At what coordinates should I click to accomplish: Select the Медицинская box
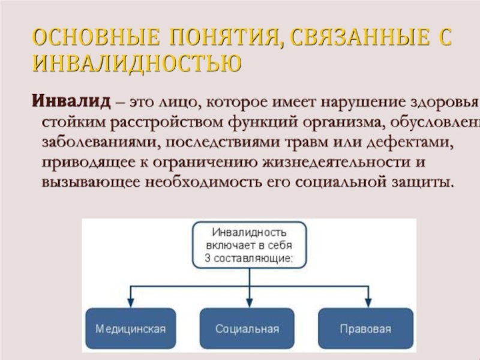click(130, 329)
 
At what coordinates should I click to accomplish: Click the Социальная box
click(247, 329)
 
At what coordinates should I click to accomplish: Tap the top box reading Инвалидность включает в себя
click(248, 244)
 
